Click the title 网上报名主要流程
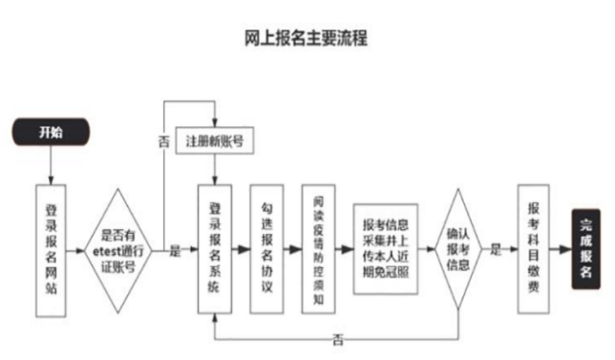307,38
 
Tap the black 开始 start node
51,133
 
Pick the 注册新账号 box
216,141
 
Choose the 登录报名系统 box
215,250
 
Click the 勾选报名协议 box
267,250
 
